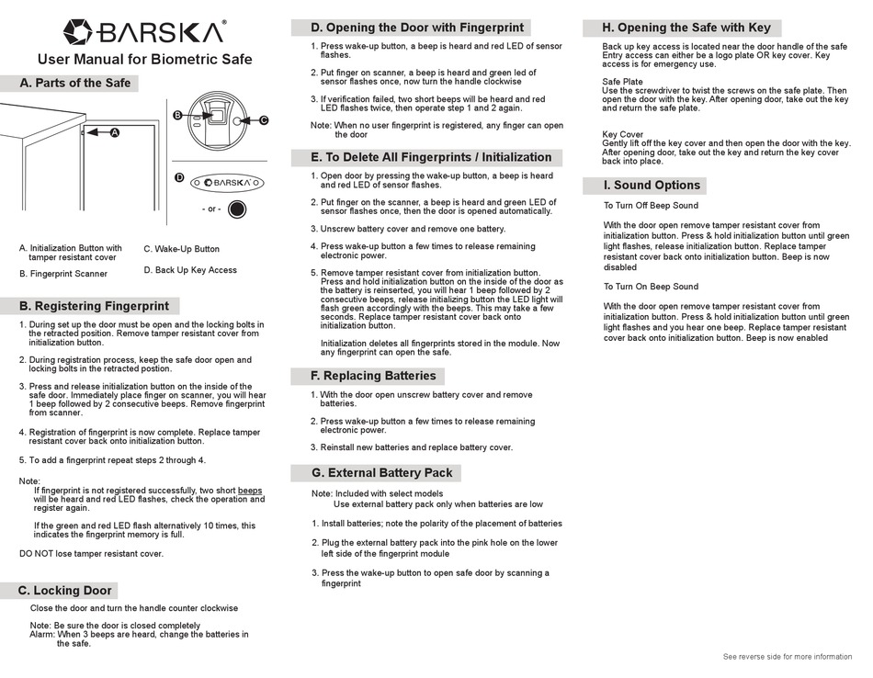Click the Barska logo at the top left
(x=144, y=32)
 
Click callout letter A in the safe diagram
(x=115, y=132)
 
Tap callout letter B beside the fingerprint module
(x=177, y=115)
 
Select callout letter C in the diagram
(x=264, y=120)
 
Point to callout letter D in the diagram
(x=179, y=176)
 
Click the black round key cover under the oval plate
(x=237, y=209)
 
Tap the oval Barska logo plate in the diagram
(x=227, y=183)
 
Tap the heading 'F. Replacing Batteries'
(x=373, y=376)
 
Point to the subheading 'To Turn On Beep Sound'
(x=651, y=287)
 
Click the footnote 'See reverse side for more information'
(x=788, y=657)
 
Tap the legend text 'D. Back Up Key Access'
(x=190, y=270)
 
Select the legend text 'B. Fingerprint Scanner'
(x=63, y=274)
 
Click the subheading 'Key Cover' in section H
(x=623, y=134)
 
